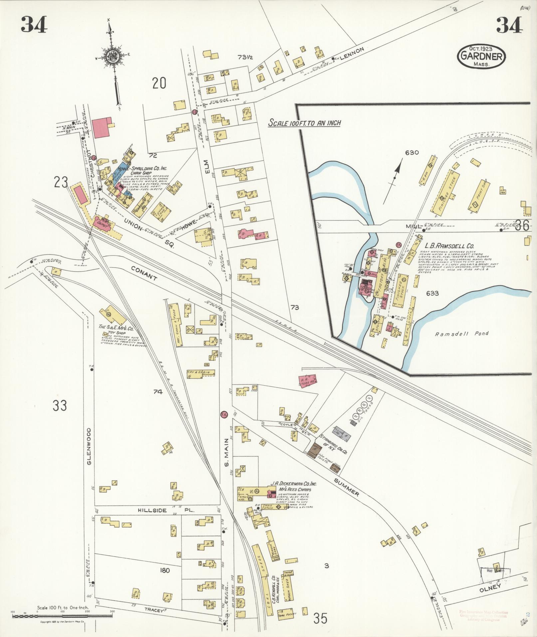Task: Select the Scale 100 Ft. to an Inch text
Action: [x=304, y=123]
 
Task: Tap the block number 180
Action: [x=164, y=570]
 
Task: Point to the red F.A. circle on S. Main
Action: [x=223, y=415]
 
